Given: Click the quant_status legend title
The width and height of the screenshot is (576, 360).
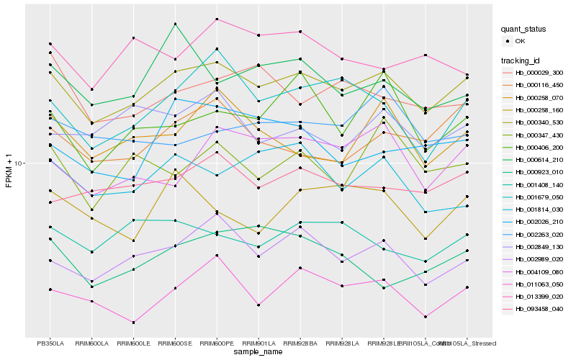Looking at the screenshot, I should pos(524,30).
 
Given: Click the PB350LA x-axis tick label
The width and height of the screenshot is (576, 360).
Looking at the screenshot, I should pos(50,343).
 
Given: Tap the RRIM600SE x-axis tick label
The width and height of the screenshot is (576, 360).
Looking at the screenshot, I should pos(175,343).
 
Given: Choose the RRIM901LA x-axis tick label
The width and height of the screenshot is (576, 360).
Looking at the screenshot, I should pos(258,343).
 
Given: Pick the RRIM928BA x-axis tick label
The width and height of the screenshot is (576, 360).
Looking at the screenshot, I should pos(300,343).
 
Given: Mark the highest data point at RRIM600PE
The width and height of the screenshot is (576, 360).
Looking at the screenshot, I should pos(217,19).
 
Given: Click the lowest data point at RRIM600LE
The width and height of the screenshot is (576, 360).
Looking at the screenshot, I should pos(133,323).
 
